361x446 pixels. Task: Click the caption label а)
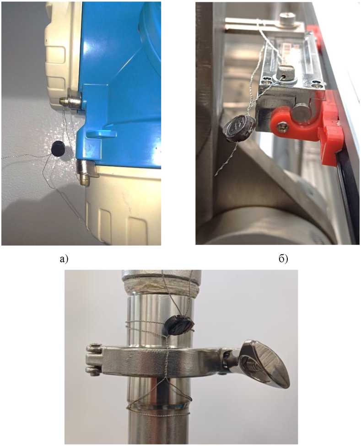64,259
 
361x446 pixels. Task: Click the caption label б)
283,259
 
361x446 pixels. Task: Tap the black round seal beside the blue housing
59,148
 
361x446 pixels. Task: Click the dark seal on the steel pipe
178,325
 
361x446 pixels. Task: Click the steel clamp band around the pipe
159,360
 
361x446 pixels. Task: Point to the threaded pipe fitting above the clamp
162,285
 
